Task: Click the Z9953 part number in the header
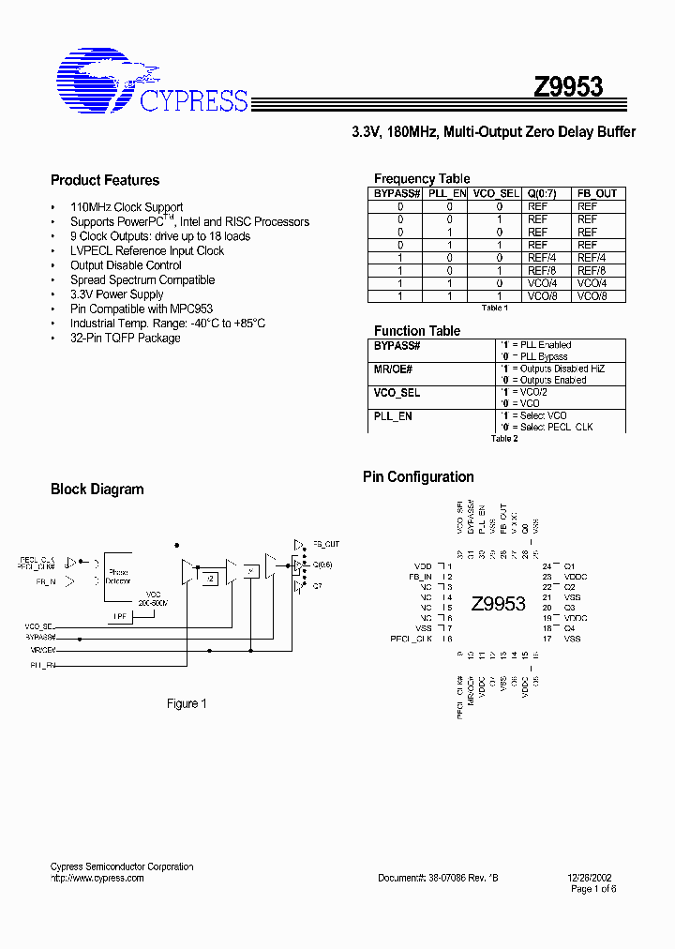click(x=568, y=87)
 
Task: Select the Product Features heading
click(x=105, y=180)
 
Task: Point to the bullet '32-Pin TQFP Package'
click(x=125, y=338)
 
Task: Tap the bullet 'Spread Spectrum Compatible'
click(x=142, y=279)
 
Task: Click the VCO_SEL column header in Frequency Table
click(x=496, y=193)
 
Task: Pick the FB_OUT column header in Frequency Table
click(x=596, y=193)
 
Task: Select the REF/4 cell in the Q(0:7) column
click(x=541, y=257)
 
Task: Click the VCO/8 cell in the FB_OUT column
click(x=592, y=295)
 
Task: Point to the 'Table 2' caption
click(x=504, y=438)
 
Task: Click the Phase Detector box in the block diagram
click(x=118, y=576)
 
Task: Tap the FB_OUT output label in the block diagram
click(x=326, y=544)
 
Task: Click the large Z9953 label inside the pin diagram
click(x=498, y=603)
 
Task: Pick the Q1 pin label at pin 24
click(x=569, y=566)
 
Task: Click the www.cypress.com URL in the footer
click(x=97, y=878)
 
